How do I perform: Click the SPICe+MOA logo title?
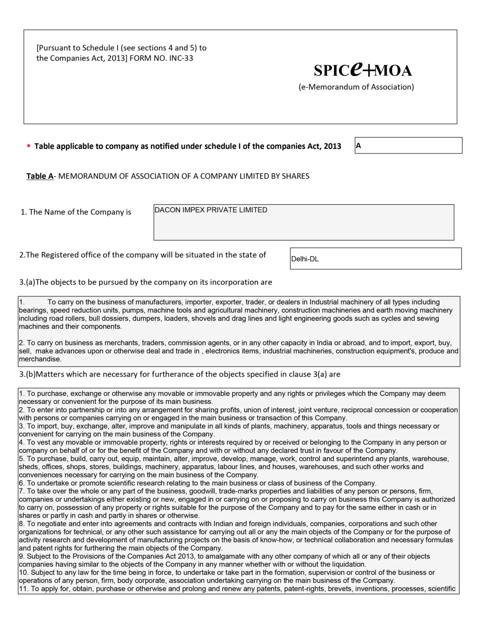[x=363, y=70]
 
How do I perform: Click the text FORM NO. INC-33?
[x=161, y=58]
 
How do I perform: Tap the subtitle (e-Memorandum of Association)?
[x=356, y=87]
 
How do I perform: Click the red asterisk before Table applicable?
[x=29, y=147]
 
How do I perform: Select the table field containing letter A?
[x=408, y=145]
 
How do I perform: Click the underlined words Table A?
[x=40, y=176]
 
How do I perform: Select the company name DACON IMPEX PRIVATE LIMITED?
[x=211, y=210]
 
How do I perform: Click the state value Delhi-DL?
[x=305, y=259]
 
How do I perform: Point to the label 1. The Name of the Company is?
[x=76, y=212]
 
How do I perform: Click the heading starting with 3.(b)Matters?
[x=180, y=374]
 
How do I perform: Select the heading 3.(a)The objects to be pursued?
[x=145, y=282]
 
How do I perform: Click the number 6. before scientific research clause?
[x=22, y=483]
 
